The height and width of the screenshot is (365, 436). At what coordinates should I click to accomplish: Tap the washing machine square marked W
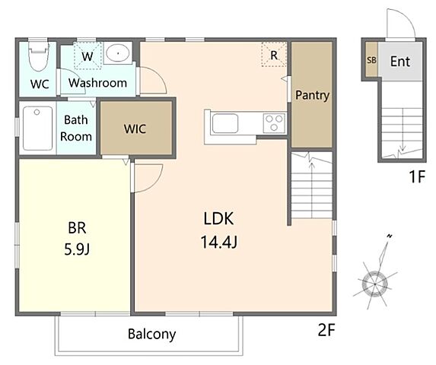88,56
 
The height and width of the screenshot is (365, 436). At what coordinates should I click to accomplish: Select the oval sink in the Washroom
118,53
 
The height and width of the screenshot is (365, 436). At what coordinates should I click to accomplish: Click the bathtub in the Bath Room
37,129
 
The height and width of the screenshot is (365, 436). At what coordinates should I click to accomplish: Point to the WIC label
135,129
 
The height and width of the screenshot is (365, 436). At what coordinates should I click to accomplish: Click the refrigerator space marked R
274,55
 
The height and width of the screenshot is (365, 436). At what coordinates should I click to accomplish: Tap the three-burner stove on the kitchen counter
274,123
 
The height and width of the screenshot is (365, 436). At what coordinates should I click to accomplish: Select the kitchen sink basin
225,124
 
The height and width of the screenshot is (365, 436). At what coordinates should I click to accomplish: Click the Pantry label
312,95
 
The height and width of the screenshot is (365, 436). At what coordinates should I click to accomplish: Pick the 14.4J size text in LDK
219,242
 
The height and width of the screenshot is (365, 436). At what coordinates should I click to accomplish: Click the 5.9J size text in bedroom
77,249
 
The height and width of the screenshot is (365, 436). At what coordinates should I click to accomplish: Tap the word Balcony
152,334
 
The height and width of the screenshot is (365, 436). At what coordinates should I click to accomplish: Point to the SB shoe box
371,59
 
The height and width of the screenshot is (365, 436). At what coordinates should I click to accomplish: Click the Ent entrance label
400,62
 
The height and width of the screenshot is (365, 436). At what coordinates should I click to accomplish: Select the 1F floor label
417,176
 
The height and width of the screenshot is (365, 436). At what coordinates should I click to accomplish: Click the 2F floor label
326,330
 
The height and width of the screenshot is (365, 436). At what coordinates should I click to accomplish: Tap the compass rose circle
375,284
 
